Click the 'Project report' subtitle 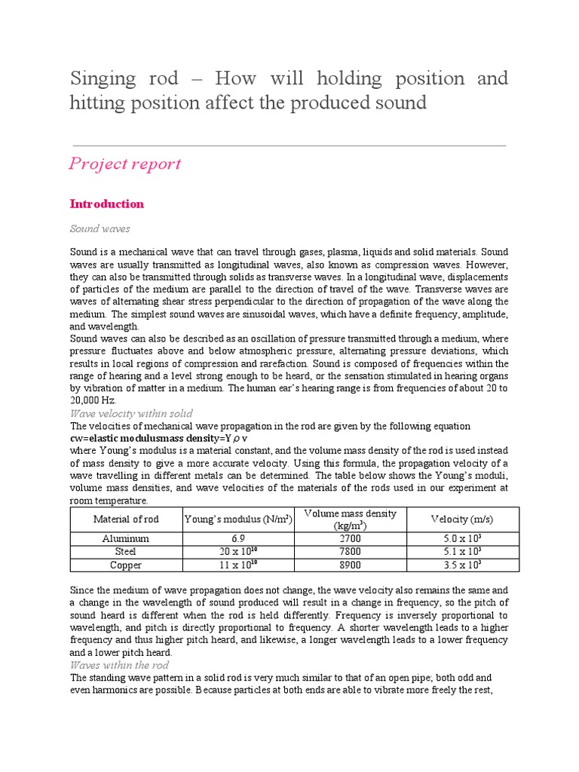coord(125,164)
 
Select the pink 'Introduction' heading coord(106,204)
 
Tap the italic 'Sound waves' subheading coord(101,228)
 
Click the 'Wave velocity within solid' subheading coord(131,413)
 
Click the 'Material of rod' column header coord(126,519)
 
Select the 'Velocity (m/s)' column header coord(462,519)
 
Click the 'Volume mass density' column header coord(350,519)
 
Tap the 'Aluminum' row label coord(126,539)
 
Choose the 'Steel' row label coord(126,552)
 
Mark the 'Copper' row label coord(126,565)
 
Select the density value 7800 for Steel coord(350,552)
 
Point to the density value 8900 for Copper coord(350,565)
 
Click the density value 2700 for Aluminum coord(350,539)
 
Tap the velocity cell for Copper coord(462,565)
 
